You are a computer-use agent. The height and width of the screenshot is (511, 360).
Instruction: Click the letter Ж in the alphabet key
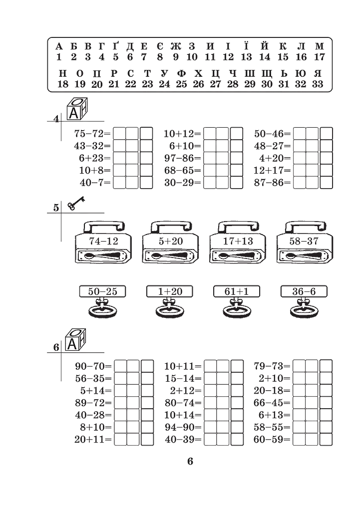pos(176,46)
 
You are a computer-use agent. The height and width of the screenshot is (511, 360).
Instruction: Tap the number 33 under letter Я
pos(318,84)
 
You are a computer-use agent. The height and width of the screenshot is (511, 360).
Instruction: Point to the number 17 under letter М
pos(320,57)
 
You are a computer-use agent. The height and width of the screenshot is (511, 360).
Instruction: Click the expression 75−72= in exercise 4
pos(92,134)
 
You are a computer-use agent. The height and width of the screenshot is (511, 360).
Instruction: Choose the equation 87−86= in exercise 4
pos(272,183)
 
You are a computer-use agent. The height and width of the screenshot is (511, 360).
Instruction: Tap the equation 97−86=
pos(183,158)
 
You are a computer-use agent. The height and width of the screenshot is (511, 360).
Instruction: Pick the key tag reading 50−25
pos(102,291)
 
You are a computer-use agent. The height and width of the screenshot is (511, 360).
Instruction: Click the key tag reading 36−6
pos(304,291)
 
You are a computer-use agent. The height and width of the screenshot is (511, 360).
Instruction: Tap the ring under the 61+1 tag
pos(237,310)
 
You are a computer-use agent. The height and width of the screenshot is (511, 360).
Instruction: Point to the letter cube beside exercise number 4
pos(77,109)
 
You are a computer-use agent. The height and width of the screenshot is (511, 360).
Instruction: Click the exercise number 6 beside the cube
pos(56,347)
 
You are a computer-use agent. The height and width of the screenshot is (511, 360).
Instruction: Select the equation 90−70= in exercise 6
pos(93,366)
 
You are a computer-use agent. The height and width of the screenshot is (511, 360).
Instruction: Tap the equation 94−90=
pos(183,427)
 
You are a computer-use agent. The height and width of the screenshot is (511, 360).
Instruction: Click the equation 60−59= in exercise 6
pos(272,439)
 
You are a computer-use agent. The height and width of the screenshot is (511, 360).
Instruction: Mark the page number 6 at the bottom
pos(190,462)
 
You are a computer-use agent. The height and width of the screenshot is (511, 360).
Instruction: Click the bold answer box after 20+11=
pos(147,439)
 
